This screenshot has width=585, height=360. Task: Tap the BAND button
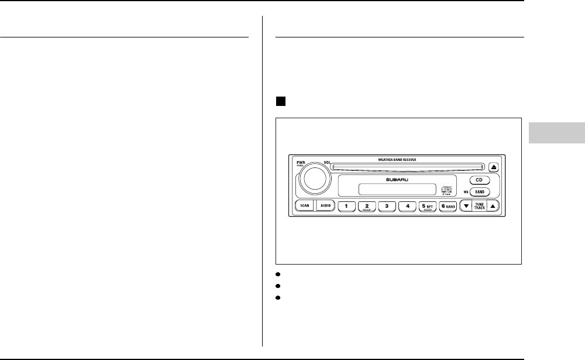tap(479, 191)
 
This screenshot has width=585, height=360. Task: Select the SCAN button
tap(304, 206)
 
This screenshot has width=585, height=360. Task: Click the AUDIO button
tap(325, 206)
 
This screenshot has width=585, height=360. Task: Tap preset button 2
tap(366, 206)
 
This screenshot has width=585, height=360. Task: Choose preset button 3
tap(387, 206)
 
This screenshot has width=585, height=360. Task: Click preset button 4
tap(407, 206)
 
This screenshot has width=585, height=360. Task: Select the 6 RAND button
tap(448, 206)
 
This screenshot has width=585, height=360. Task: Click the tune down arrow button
tap(466, 206)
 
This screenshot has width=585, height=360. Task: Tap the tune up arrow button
tap(493, 206)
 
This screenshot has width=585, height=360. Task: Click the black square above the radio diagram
tap(280, 101)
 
